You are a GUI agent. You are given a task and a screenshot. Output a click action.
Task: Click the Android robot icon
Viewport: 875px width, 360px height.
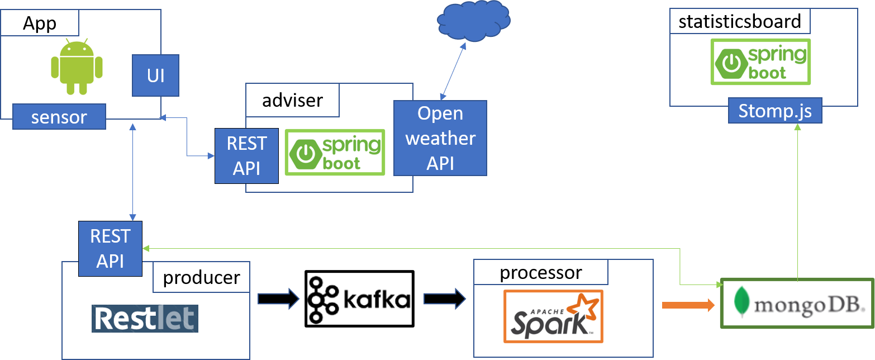pos(77,66)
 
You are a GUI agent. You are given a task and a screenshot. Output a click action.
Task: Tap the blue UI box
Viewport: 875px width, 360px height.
pos(155,75)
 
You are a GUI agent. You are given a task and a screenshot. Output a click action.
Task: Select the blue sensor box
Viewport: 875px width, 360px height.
pos(59,117)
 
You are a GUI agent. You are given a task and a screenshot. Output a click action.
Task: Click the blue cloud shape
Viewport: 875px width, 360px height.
pos(473,21)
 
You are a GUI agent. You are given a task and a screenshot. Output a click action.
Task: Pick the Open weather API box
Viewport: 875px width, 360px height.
pos(440,138)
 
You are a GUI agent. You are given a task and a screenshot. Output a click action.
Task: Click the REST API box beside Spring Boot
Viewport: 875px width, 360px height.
pos(246,155)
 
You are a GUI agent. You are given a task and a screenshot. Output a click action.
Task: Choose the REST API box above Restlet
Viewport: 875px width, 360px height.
pos(110,248)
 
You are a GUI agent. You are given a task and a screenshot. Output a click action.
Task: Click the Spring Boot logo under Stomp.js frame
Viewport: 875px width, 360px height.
pos(760,61)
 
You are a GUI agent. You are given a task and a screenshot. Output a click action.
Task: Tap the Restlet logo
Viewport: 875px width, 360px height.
pos(145,319)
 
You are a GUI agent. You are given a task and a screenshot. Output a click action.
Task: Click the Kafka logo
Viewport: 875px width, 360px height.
pos(359,299)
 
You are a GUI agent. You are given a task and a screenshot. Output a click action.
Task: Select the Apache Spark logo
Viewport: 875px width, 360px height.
pos(553,316)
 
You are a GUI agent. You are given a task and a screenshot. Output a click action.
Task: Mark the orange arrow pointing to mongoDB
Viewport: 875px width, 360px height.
pos(688,305)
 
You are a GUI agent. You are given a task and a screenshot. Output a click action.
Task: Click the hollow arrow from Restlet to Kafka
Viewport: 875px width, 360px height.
pos(278,299)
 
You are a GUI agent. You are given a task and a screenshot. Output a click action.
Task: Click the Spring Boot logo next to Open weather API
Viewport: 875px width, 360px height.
pos(335,152)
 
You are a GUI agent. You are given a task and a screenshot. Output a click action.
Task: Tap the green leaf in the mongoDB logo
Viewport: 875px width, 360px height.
pos(743,302)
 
